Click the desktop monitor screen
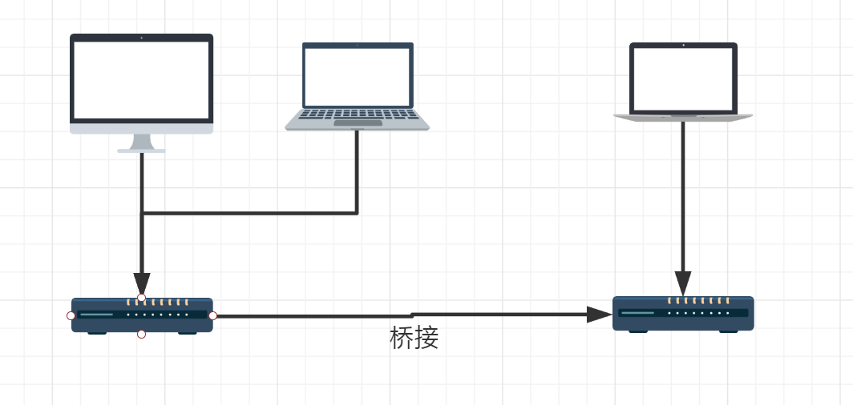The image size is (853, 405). tap(141, 78)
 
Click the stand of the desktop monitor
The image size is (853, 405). tap(142, 142)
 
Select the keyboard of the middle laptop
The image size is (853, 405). tap(357, 114)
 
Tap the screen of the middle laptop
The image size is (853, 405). tap(358, 74)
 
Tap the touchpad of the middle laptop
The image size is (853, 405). tap(358, 123)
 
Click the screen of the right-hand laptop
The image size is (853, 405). tap(683, 78)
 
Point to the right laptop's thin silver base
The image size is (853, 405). tap(683, 117)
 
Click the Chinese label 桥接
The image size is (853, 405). tap(414, 339)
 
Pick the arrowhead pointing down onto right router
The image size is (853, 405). tap(683, 283)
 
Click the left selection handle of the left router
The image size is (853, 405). tap(71, 315)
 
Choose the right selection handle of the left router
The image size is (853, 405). tap(212, 315)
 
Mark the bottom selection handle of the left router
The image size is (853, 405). tap(142, 334)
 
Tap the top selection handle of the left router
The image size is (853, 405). tap(142, 298)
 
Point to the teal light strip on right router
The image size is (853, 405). tap(638, 313)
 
